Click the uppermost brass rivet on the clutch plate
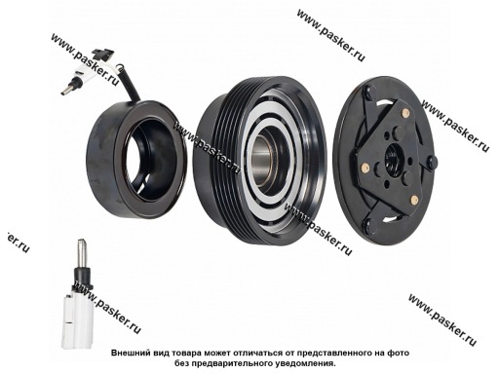click(x=405, y=113)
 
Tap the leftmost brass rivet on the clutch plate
click(x=365, y=168)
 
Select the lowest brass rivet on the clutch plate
click(x=414, y=200)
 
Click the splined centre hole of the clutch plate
click(x=394, y=158)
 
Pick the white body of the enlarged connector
click(x=77, y=319)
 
